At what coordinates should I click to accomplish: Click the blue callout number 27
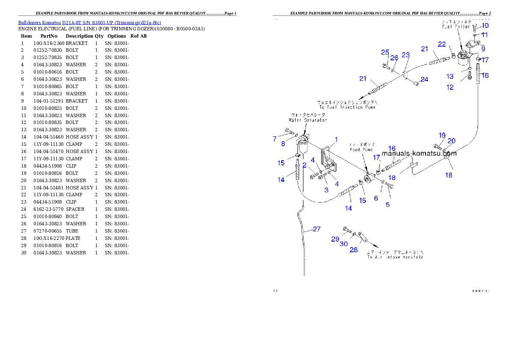tap(316, 229)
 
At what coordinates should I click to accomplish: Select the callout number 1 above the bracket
tap(336, 139)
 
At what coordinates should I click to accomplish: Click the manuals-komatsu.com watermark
tap(419, 153)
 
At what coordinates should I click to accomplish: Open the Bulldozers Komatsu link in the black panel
tap(89, 22)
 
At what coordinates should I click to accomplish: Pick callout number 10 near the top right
tap(485, 26)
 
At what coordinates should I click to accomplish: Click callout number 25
tap(385, 52)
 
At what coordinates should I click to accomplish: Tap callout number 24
tap(424, 79)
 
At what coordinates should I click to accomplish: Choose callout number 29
tap(335, 239)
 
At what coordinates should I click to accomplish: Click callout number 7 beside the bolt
tap(275, 139)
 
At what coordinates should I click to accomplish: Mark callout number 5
tap(388, 204)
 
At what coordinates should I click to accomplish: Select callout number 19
tap(442, 135)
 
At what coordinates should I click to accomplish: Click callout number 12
tap(450, 87)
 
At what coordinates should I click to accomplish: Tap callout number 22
tap(442, 44)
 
